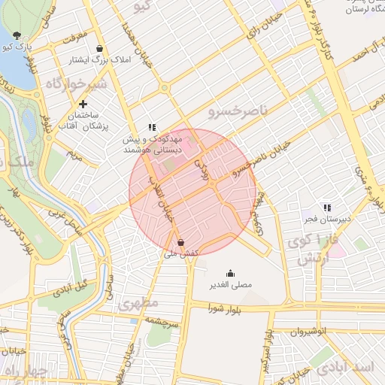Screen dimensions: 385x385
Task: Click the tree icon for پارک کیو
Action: pos(17,35)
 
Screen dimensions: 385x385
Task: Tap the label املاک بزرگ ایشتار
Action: pos(86,59)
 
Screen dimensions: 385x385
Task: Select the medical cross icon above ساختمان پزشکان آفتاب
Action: pos(83,103)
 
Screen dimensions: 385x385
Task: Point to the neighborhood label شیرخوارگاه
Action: pos(76,83)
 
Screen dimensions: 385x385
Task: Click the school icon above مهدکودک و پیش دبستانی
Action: pos(152,127)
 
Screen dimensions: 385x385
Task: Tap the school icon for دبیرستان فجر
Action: pos(326,207)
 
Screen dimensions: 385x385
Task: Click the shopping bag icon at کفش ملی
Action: pos(180,242)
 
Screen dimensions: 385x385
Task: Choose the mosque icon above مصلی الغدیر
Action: pos(230,274)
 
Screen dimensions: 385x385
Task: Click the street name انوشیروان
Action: pos(299,330)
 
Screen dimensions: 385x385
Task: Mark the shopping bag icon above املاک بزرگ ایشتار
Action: pos(85,47)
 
